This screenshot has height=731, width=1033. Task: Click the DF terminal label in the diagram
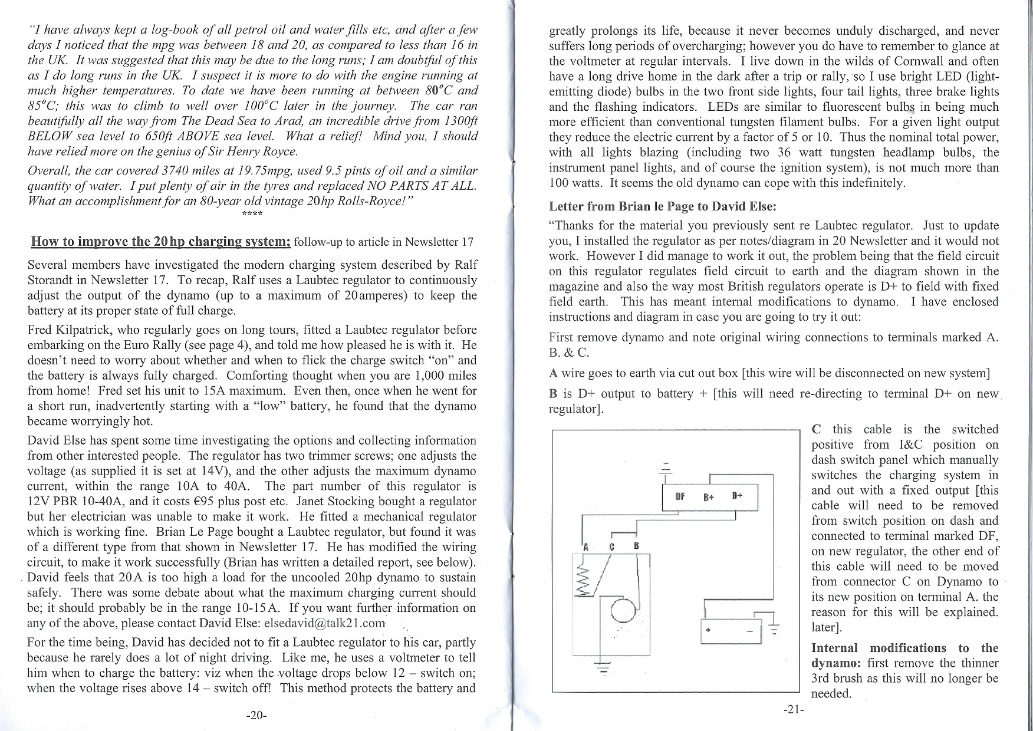680,496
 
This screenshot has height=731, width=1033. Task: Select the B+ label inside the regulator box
709,497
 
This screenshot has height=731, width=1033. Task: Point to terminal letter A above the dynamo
585,546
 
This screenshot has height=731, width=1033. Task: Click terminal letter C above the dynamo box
612,546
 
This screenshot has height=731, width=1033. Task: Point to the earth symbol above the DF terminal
666,466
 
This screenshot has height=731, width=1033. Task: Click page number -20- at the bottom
256,715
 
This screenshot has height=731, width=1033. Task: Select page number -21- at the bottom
794,710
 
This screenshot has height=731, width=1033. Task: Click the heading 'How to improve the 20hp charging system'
160,242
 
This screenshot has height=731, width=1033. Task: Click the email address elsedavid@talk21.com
324,623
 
